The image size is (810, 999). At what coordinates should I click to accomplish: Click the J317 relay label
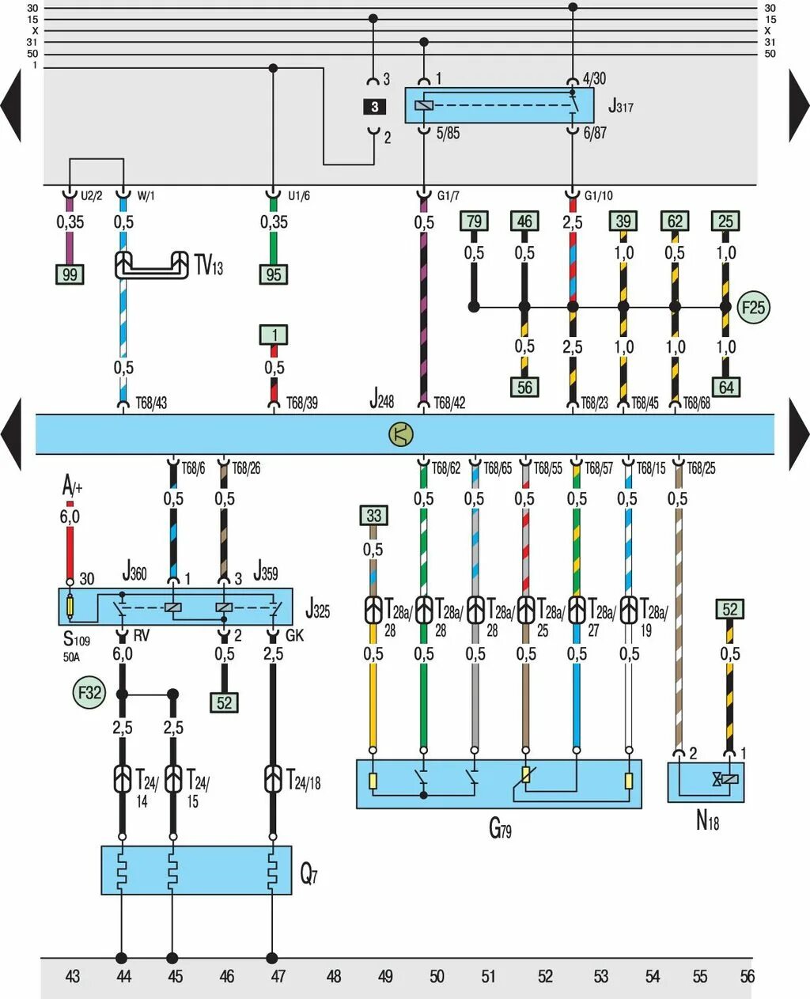pos(620,106)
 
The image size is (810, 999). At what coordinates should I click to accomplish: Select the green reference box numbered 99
pos(70,274)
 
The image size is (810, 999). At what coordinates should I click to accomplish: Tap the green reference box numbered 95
pos(274,274)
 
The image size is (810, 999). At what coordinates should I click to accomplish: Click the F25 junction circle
pos(753,308)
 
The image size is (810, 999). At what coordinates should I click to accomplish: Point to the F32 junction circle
pos(89,693)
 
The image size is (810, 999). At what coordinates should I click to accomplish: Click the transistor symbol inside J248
pos(401,433)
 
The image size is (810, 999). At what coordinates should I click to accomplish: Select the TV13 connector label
pos(209,266)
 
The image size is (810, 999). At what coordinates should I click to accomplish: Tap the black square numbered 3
pos(374,107)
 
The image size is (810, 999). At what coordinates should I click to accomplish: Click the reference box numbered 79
pos(474,221)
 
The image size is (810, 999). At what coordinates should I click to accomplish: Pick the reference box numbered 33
pos(373,516)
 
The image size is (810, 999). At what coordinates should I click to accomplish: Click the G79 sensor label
pos(499,828)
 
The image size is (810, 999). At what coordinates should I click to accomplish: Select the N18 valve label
pos(707,820)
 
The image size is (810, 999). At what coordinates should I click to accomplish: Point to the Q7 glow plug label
pos(308,874)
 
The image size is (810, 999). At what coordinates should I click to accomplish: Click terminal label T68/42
pos(449,403)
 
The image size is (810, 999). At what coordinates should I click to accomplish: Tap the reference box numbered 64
pos(726,388)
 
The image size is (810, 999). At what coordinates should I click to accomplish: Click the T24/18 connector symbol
pos(273,779)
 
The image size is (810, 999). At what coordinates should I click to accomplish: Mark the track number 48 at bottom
pos(334,976)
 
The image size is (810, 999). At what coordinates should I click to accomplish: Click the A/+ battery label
pos(72,486)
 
